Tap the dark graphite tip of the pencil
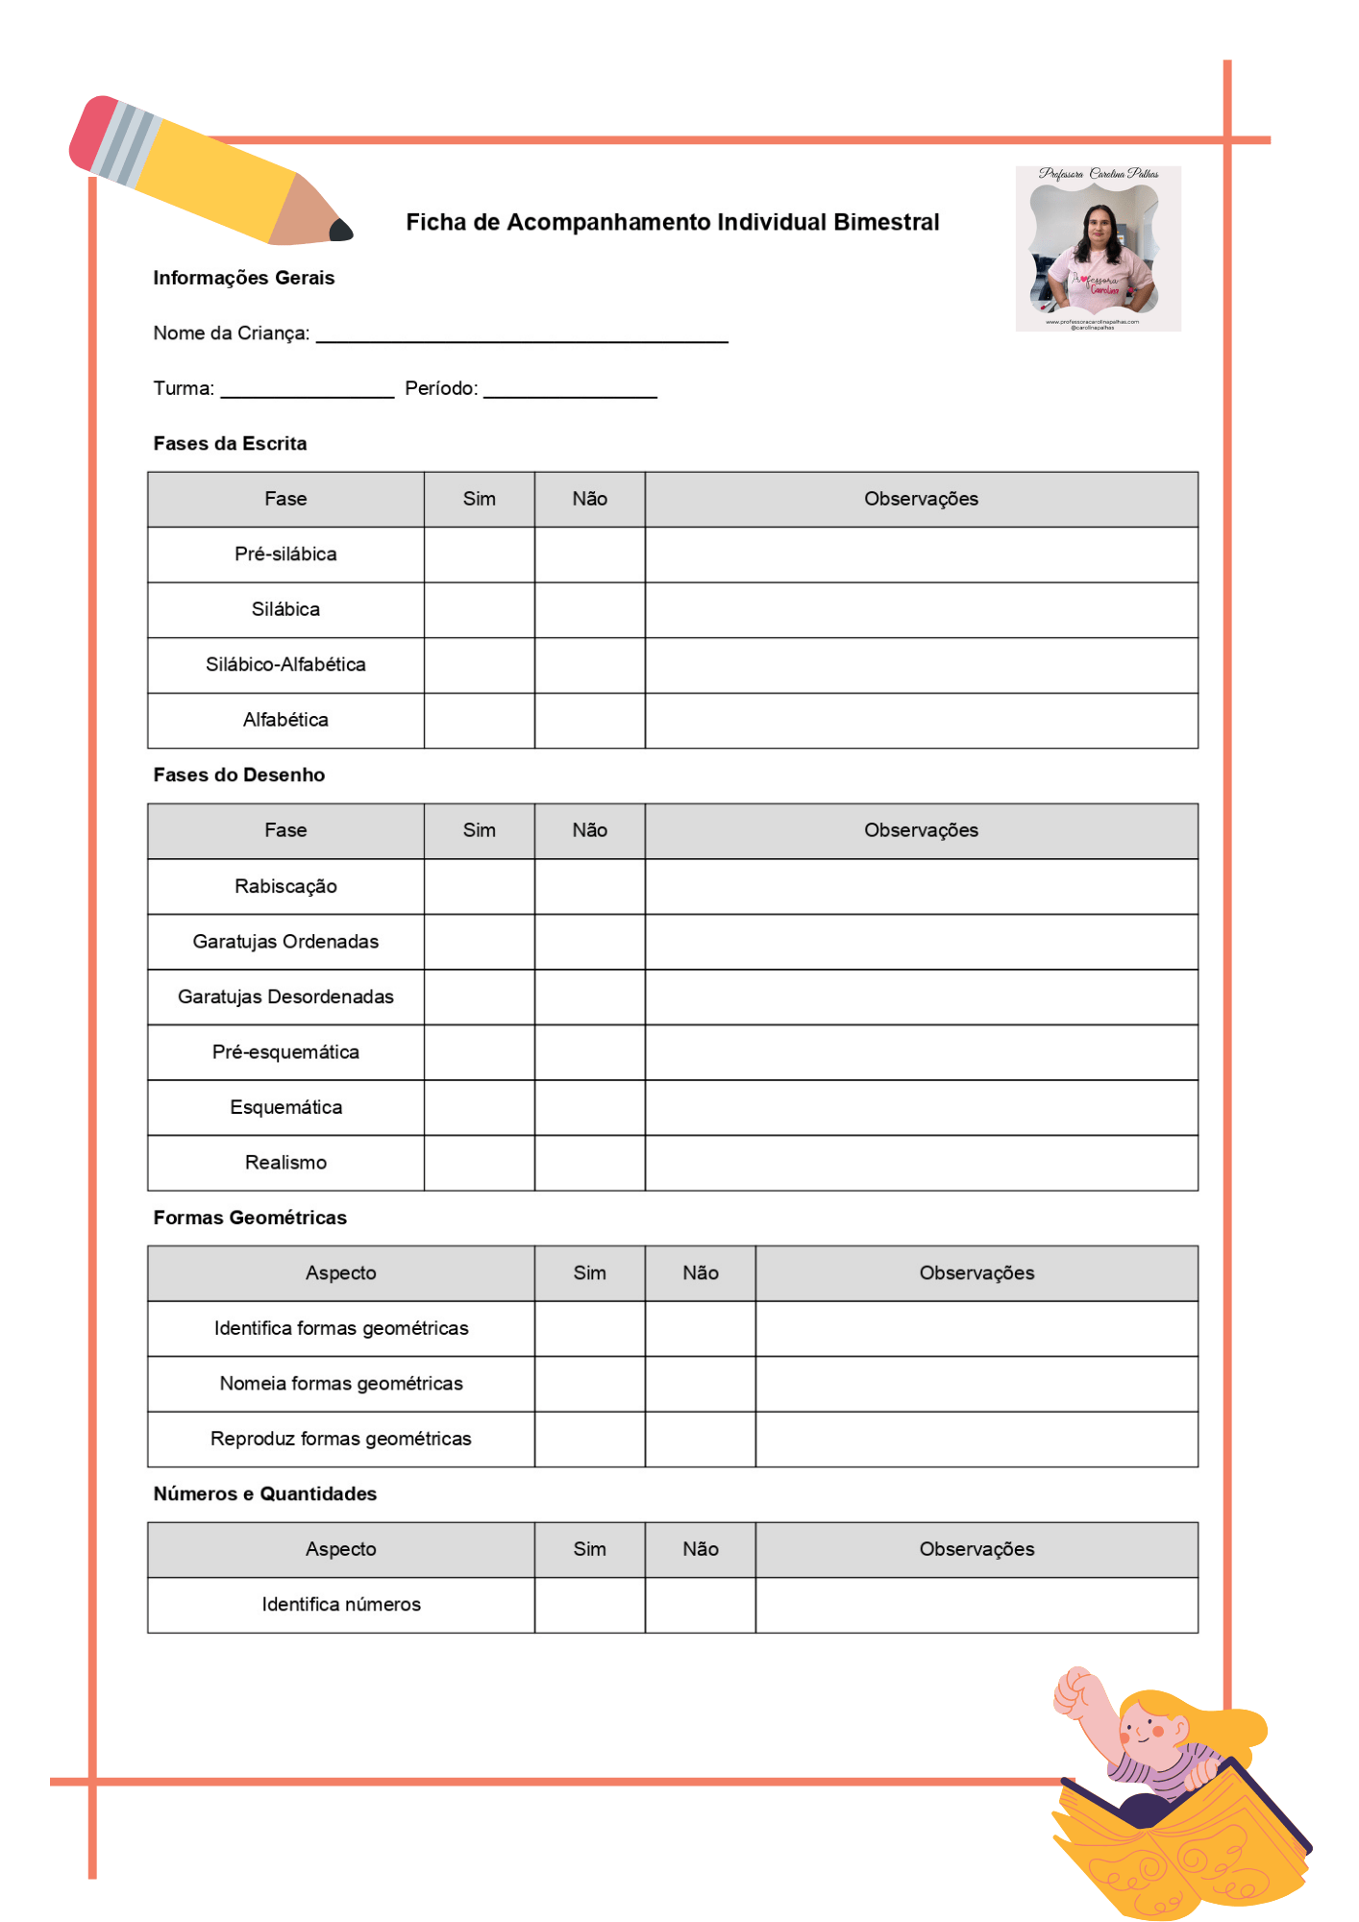(341, 231)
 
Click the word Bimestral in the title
(886, 223)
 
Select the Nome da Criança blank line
(522, 334)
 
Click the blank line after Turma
(308, 390)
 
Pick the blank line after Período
(570, 390)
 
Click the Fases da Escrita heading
(230, 444)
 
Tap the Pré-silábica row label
(285, 554)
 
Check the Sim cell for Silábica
(479, 610)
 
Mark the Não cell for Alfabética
(589, 721)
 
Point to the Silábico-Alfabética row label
(285, 665)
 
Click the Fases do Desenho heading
(238, 776)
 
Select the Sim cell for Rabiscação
(479, 887)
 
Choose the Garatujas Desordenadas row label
(285, 998)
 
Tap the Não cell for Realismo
(589, 1164)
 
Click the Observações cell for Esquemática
(921, 1108)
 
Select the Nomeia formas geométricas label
(341, 1384)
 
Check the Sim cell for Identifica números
(589, 1605)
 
